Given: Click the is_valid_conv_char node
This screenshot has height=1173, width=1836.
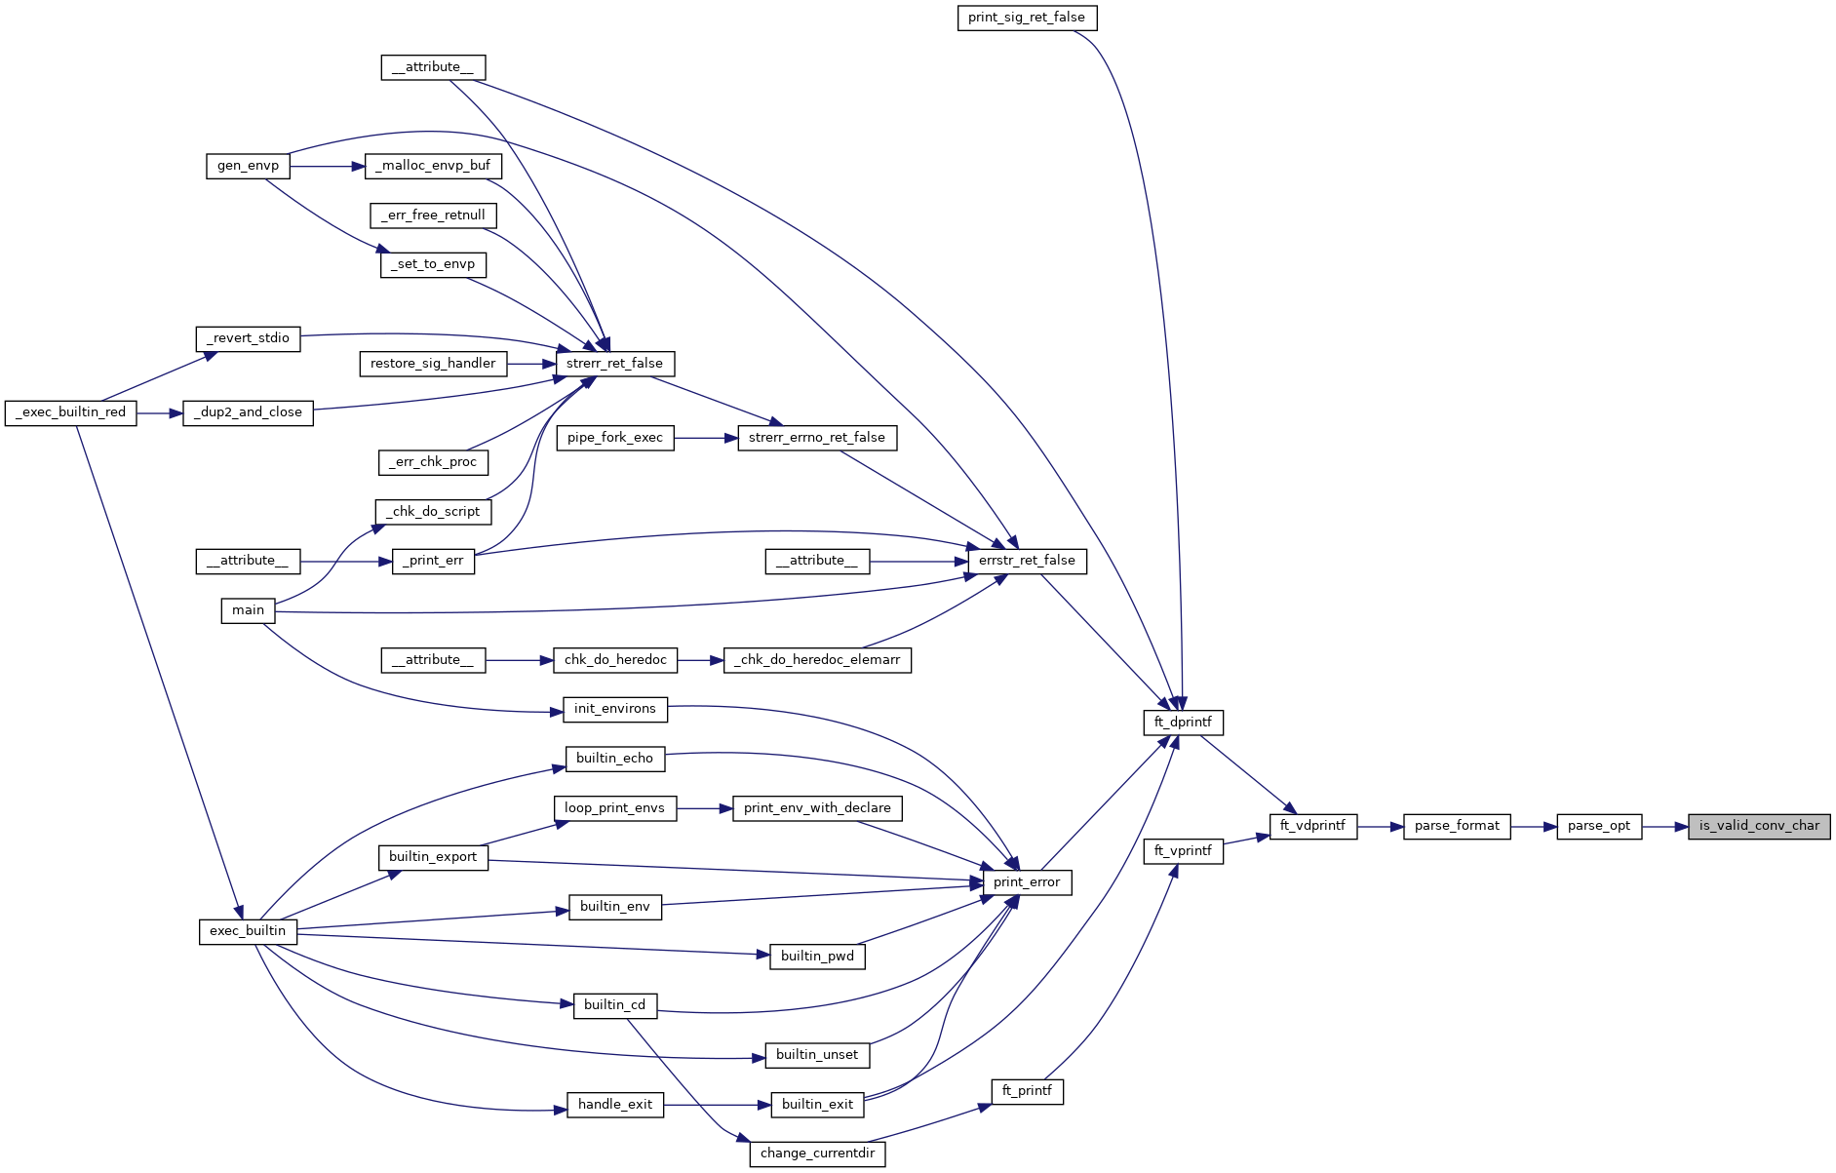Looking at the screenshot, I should tap(1759, 826).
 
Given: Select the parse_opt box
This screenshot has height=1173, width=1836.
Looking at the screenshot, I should tap(1599, 826).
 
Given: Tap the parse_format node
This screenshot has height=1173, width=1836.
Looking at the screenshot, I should tap(1457, 826).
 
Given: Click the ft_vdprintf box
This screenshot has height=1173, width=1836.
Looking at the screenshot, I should tap(1312, 826).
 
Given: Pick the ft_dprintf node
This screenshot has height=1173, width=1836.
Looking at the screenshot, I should tap(1183, 723).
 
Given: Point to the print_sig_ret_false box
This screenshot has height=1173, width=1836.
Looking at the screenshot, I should tap(1027, 18).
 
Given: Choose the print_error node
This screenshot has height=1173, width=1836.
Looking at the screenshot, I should tap(1027, 882).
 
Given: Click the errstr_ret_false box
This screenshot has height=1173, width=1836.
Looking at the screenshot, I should tap(1027, 561).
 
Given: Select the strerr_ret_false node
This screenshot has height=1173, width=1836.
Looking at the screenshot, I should tap(614, 364).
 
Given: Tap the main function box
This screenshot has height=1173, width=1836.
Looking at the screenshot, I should tap(248, 610).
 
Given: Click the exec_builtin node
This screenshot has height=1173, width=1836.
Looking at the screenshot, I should tap(248, 931).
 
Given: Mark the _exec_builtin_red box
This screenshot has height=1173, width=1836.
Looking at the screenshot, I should tap(71, 412).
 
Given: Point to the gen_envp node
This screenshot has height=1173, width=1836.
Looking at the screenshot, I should tap(248, 166).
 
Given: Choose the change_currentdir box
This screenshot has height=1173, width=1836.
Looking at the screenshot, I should tap(817, 1153).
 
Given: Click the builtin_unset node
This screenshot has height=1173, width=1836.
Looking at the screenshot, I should tap(817, 1055).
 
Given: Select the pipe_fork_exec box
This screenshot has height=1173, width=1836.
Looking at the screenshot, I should tap(614, 438).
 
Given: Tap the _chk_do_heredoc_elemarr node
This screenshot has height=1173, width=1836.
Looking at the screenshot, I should tap(817, 660).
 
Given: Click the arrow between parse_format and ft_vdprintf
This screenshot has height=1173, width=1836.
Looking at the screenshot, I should tap(1380, 826).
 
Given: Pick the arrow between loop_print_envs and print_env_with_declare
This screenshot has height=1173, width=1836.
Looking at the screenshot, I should tap(704, 808).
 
